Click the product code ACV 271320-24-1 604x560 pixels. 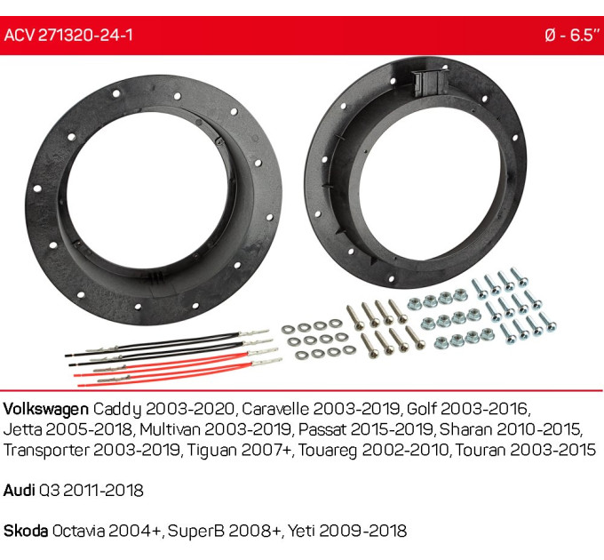(x=68, y=35)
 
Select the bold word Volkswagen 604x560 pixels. (x=46, y=409)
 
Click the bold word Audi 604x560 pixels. (x=19, y=491)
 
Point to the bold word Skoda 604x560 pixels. (x=26, y=531)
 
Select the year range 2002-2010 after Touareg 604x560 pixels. (x=406, y=450)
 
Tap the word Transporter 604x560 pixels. (x=46, y=450)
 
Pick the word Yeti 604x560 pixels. (x=302, y=531)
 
